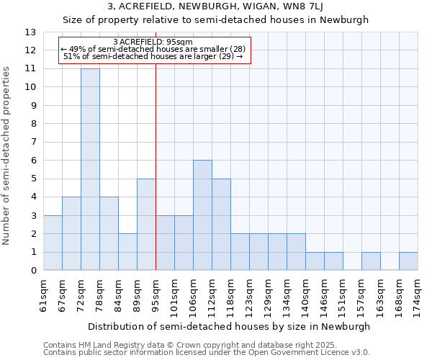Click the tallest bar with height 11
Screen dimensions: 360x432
(90, 169)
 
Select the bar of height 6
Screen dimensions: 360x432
(202, 215)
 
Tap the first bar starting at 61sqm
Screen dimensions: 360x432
(53, 243)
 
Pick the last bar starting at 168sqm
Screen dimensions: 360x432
(408, 261)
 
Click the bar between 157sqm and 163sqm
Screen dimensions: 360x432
(371, 261)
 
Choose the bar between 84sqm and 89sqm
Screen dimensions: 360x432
(127, 252)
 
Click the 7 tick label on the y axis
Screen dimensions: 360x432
(32, 143)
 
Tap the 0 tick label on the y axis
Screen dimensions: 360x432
(32, 271)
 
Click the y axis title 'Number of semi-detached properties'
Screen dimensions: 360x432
(7, 155)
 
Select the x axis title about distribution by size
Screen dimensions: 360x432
(230, 326)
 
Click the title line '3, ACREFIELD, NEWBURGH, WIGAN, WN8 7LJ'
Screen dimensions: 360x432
(215, 7)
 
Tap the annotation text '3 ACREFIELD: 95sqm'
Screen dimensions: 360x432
(153, 42)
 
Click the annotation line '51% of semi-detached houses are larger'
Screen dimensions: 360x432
(153, 56)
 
